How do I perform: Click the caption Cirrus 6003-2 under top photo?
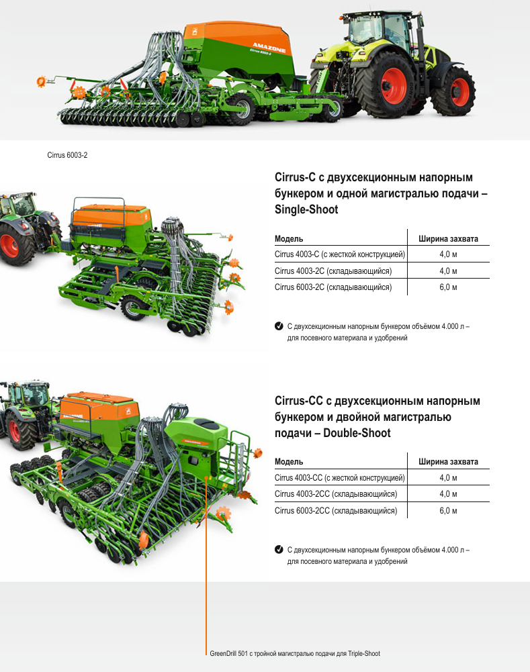pos(67,155)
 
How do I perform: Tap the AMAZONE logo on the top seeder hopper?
pos(269,47)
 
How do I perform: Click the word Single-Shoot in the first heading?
pos(306,209)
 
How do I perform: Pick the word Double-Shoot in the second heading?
pos(357,433)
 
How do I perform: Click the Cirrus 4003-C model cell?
pos(340,254)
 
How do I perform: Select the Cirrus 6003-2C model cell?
pos(333,287)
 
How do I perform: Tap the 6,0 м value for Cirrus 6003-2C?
pos(448,287)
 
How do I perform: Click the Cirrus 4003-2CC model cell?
pos(336,494)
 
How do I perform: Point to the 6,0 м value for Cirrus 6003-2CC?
pos(448,511)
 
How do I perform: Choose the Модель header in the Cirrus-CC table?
pos(289,462)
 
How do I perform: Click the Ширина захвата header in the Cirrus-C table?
pos(448,239)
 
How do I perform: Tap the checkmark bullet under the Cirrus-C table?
pos(279,326)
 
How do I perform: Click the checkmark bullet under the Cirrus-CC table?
pos(279,549)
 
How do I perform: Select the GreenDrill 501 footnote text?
pos(295,654)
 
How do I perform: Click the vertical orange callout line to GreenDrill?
pos(206,566)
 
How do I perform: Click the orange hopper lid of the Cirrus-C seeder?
pos(110,215)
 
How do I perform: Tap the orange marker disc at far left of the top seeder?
pos(41,81)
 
